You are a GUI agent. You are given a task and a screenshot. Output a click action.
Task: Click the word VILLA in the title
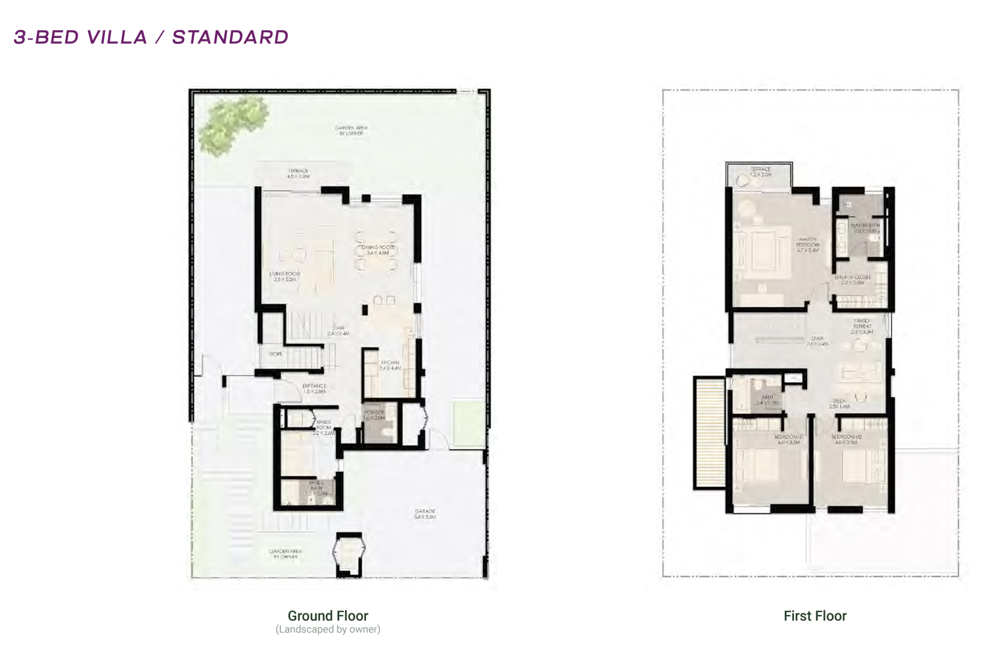(x=117, y=37)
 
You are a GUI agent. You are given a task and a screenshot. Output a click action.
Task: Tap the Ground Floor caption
(x=328, y=616)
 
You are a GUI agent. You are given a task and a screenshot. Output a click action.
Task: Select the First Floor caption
(x=814, y=616)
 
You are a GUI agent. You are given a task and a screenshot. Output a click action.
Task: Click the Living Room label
(x=284, y=277)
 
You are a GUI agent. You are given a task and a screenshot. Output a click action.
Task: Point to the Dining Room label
(x=378, y=250)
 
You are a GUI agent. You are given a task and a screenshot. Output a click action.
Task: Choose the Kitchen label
(x=390, y=365)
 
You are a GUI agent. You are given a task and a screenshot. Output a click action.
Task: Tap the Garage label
(x=425, y=514)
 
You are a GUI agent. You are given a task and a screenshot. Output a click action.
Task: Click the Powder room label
(x=374, y=415)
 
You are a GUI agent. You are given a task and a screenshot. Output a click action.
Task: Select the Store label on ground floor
(x=275, y=354)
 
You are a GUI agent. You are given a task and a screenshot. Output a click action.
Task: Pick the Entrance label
(x=314, y=388)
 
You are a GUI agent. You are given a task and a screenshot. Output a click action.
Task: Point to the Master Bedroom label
(x=807, y=245)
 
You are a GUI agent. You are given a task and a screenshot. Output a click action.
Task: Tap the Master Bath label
(x=865, y=228)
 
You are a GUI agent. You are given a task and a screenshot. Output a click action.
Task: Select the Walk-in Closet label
(x=852, y=280)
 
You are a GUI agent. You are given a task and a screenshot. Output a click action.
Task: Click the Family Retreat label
(x=862, y=326)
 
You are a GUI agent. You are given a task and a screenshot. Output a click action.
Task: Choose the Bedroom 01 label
(x=788, y=439)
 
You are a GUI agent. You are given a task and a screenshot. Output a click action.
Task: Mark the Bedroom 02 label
(x=846, y=439)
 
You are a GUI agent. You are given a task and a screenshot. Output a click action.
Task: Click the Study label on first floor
(x=839, y=403)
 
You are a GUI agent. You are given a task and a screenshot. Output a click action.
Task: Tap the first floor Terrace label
(x=760, y=172)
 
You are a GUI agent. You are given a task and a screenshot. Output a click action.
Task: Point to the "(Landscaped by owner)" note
(x=328, y=629)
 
